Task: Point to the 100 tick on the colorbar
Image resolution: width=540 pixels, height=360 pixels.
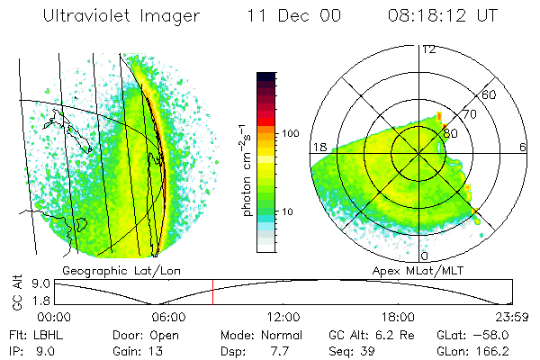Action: coord(290,132)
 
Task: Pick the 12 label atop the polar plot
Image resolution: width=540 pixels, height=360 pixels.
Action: coord(428,48)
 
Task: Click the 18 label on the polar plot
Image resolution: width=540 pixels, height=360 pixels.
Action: coord(318,147)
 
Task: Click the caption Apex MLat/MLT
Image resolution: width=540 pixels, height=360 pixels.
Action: coord(424,270)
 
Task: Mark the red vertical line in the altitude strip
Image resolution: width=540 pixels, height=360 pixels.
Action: coord(213,292)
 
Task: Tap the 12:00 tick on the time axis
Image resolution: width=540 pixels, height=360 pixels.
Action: coord(283,317)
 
